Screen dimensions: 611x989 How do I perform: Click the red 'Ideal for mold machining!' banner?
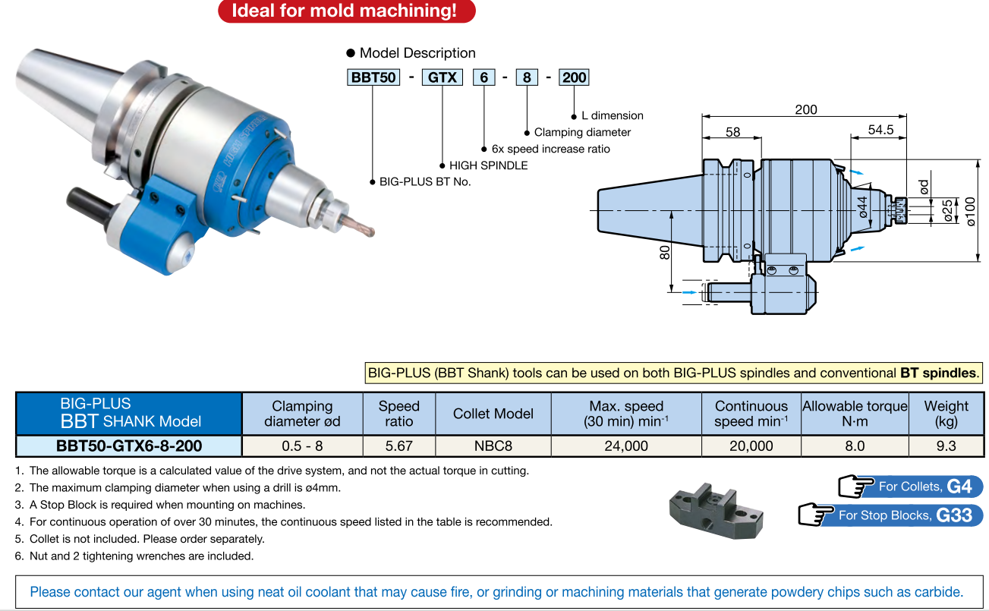(x=346, y=11)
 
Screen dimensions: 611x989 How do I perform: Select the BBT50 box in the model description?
(x=373, y=77)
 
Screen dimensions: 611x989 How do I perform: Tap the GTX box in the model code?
(x=442, y=77)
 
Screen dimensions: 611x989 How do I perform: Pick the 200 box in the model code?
(x=574, y=77)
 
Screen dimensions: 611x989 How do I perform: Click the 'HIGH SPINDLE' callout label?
(x=488, y=165)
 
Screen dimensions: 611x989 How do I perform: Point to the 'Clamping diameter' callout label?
(x=582, y=132)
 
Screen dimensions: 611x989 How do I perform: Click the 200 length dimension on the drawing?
(x=805, y=110)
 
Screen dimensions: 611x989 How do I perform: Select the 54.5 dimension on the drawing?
(x=880, y=131)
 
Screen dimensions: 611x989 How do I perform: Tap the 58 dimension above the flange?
(x=732, y=132)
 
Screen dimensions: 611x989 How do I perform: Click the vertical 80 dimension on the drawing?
(x=665, y=253)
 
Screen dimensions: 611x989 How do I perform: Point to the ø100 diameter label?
(x=971, y=210)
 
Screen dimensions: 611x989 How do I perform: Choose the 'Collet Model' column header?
(x=493, y=414)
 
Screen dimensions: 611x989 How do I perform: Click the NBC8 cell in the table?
(x=493, y=446)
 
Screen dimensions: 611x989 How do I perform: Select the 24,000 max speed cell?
(x=626, y=446)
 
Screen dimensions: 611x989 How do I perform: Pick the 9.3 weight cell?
(x=946, y=446)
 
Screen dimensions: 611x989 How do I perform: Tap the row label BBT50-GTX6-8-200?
(x=129, y=446)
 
